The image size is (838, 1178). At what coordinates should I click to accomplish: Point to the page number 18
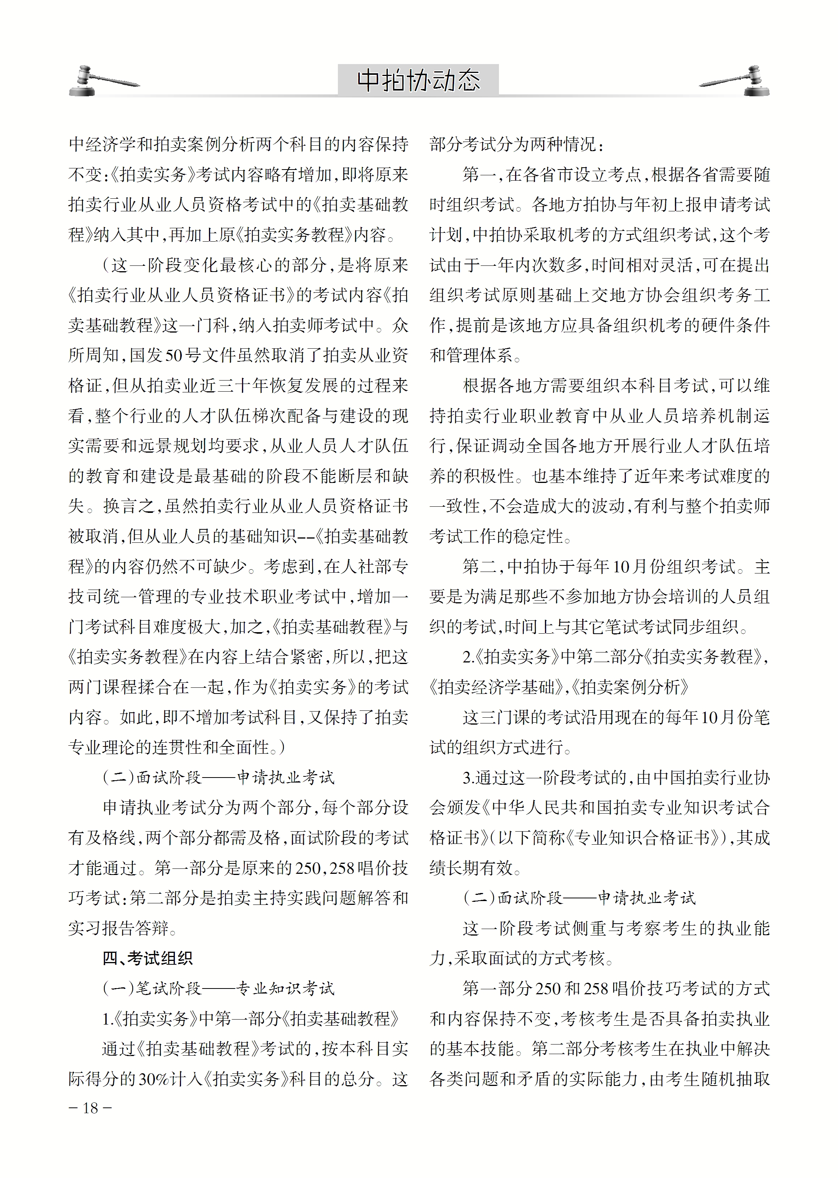[x=90, y=1108]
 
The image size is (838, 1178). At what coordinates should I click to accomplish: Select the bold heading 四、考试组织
[x=147, y=958]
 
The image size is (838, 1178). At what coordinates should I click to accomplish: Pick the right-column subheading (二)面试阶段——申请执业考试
[x=579, y=898]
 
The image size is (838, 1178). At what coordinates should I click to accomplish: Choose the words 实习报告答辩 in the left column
[x=118, y=928]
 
